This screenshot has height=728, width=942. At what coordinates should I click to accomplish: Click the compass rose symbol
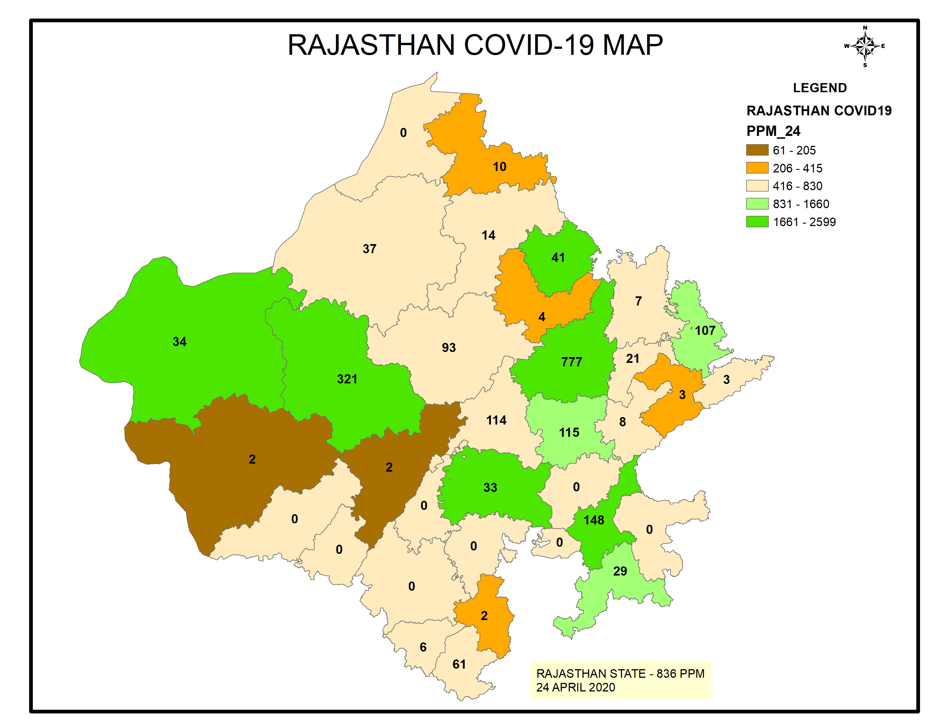(x=865, y=46)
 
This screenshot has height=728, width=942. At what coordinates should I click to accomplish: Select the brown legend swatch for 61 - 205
(x=757, y=150)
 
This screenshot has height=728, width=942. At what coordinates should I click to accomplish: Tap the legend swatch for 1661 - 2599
(x=757, y=222)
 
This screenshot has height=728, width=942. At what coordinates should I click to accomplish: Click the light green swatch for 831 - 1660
(x=757, y=204)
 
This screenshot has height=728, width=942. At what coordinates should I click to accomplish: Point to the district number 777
(x=571, y=362)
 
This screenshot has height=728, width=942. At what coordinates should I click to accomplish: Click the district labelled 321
(x=347, y=379)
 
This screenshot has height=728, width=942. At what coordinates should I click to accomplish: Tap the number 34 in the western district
(x=180, y=341)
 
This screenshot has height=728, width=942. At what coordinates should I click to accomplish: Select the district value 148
(x=593, y=520)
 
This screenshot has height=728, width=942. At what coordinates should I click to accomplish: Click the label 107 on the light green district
(x=705, y=331)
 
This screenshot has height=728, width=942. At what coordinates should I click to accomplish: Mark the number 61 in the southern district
(x=459, y=664)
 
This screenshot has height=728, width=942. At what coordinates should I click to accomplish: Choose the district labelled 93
(x=448, y=348)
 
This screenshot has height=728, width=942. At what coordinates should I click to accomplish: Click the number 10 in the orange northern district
(x=500, y=167)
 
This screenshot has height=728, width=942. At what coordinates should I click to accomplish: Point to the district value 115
(x=569, y=433)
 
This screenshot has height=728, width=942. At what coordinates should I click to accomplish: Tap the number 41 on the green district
(x=558, y=258)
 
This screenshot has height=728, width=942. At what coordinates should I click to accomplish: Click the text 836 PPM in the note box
(x=680, y=674)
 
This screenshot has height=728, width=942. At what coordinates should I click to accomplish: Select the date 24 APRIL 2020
(x=575, y=687)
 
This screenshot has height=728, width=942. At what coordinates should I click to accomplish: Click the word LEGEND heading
(x=820, y=88)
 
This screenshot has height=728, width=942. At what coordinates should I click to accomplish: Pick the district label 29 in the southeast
(x=620, y=572)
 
